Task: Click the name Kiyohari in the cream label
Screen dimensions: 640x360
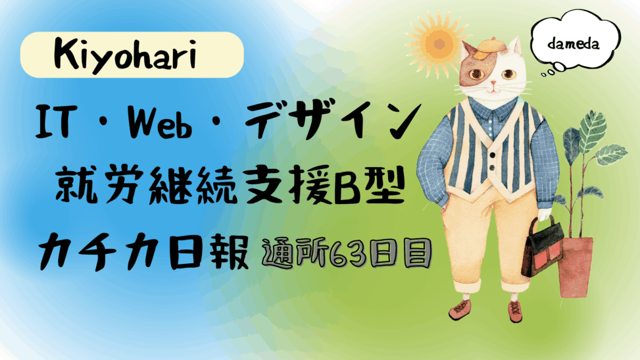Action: [126, 56]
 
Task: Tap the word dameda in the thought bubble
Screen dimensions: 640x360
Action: [574, 43]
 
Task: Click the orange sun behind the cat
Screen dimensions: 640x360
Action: [438, 43]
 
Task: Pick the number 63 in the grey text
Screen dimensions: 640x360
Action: [345, 254]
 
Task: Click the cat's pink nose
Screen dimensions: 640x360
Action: [493, 83]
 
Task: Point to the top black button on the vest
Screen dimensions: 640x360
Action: [493, 155]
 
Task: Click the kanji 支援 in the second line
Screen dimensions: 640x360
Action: [288, 187]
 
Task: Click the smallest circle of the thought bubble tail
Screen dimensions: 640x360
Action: [543, 75]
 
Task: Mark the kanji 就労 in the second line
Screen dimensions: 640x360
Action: [99, 187]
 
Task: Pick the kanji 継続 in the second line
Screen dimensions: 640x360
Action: [193, 187]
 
